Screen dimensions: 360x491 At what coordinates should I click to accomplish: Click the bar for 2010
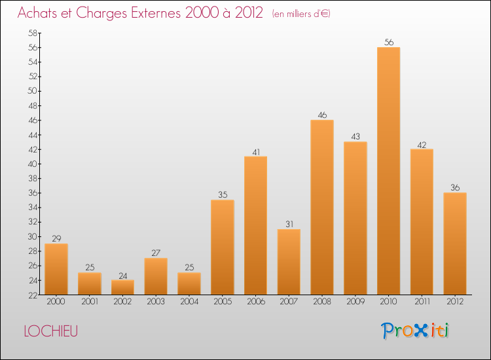pyautogui.click(x=388, y=171)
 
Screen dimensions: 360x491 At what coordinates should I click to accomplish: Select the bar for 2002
pyautogui.click(x=122, y=287)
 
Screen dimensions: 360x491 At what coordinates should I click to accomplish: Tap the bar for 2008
pyautogui.click(x=322, y=207)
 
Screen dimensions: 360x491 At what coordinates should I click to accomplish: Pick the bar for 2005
pyautogui.click(x=223, y=247)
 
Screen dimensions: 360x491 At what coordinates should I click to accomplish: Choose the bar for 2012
pyautogui.click(x=455, y=243)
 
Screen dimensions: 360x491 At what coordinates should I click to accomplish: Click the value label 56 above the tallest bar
pyautogui.click(x=389, y=43)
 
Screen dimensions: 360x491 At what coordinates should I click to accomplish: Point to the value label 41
pyautogui.click(x=256, y=152)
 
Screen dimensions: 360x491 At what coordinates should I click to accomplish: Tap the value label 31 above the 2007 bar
pyautogui.click(x=289, y=225)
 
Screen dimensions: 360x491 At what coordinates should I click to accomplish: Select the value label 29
pyautogui.click(x=56, y=239)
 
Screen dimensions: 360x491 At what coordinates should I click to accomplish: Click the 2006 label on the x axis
pyautogui.click(x=255, y=301)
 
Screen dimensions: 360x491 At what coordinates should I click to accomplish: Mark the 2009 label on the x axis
pyautogui.click(x=355, y=301)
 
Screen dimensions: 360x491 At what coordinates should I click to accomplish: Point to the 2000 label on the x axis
pyautogui.click(x=56, y=301)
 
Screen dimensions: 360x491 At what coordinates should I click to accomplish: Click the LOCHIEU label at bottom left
pyautogui.click(x=50, y=331)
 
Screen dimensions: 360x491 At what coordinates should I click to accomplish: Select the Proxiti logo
pyautogui.click(x=416, y=331)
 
